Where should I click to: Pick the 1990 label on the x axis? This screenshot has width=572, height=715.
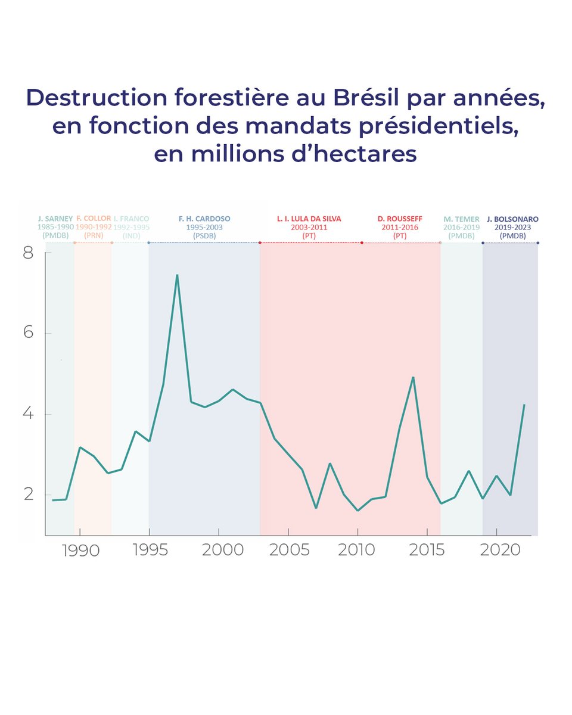[x=80, y=550]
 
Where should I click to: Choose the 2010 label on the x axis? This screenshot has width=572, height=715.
[x=357, y=550]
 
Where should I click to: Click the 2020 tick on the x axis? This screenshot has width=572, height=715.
[x=496, y=550]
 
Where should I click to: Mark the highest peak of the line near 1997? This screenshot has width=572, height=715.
[x=177, y=275]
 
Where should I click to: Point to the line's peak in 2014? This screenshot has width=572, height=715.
[x=413, y=377]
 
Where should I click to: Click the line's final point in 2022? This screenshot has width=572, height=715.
[x=524, y=405]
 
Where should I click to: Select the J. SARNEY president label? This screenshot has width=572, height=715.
[x=55, y=219]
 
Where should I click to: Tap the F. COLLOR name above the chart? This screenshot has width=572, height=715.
[x=94, y=219]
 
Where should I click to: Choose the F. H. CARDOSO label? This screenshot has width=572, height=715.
[x=204, y=219]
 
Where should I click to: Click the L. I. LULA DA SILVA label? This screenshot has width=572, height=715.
[x=309, y=219]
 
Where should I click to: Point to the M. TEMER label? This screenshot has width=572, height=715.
[x=461, y=219]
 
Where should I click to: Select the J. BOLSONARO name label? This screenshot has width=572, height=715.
[x=512, y=219]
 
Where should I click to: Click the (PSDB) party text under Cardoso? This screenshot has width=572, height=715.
[x=204, y=236]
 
